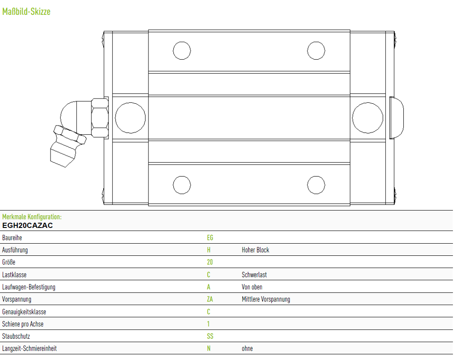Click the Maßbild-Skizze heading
coord(26,12)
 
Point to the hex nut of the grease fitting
coord(100,118)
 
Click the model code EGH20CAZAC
coord(27,226)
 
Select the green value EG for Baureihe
coord(210,238)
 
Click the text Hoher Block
coord(255,250)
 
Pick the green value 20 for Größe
coord(209,262)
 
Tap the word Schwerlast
coord(254,275)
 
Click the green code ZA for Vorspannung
coord(209,299)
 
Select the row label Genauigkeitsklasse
coord(24,312)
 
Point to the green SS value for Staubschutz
coord(210,336)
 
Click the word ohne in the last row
coord(247,349)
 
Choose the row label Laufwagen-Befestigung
coord(29,287)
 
